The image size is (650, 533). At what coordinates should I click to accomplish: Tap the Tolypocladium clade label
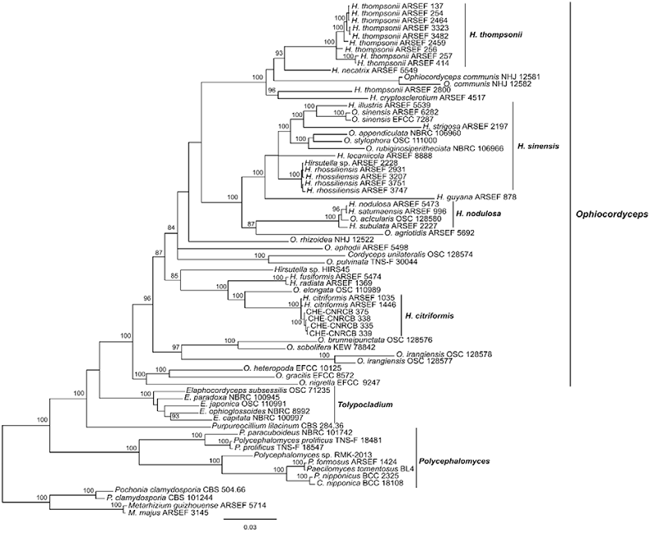coord(366,405)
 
